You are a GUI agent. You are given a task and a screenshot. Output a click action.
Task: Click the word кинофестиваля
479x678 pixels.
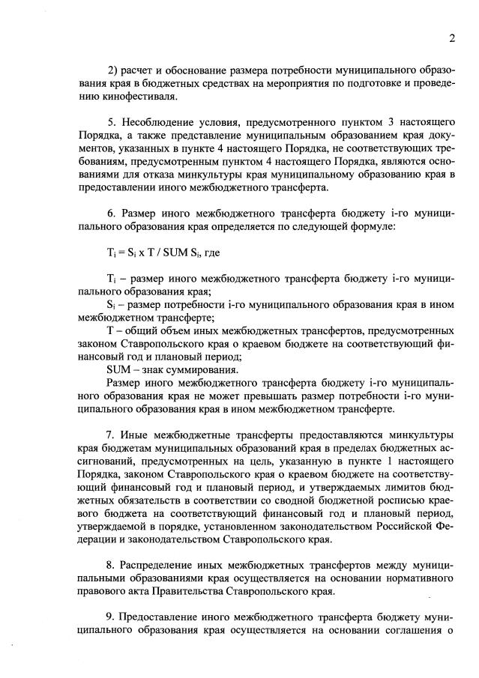click(129, 97)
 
